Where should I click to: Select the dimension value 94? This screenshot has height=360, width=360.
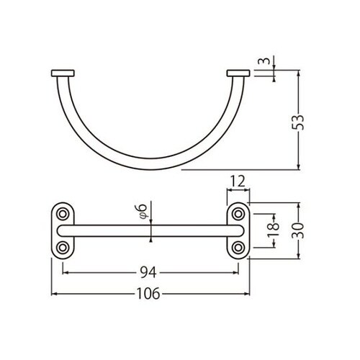(149, 272)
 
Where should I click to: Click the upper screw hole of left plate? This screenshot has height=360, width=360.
(63, 215)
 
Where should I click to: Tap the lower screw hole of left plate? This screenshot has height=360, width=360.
(63, 247)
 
